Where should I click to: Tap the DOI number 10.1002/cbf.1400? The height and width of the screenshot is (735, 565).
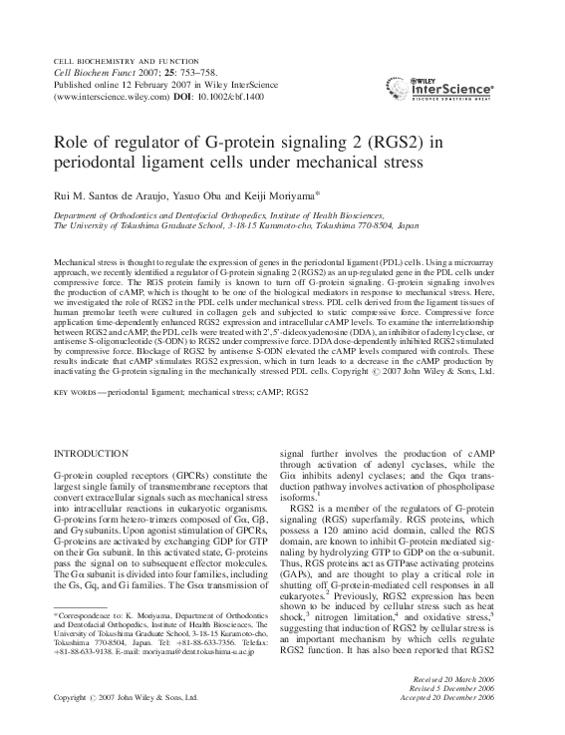point(208,99)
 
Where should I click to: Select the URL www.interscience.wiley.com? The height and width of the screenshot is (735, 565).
point(99,99)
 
